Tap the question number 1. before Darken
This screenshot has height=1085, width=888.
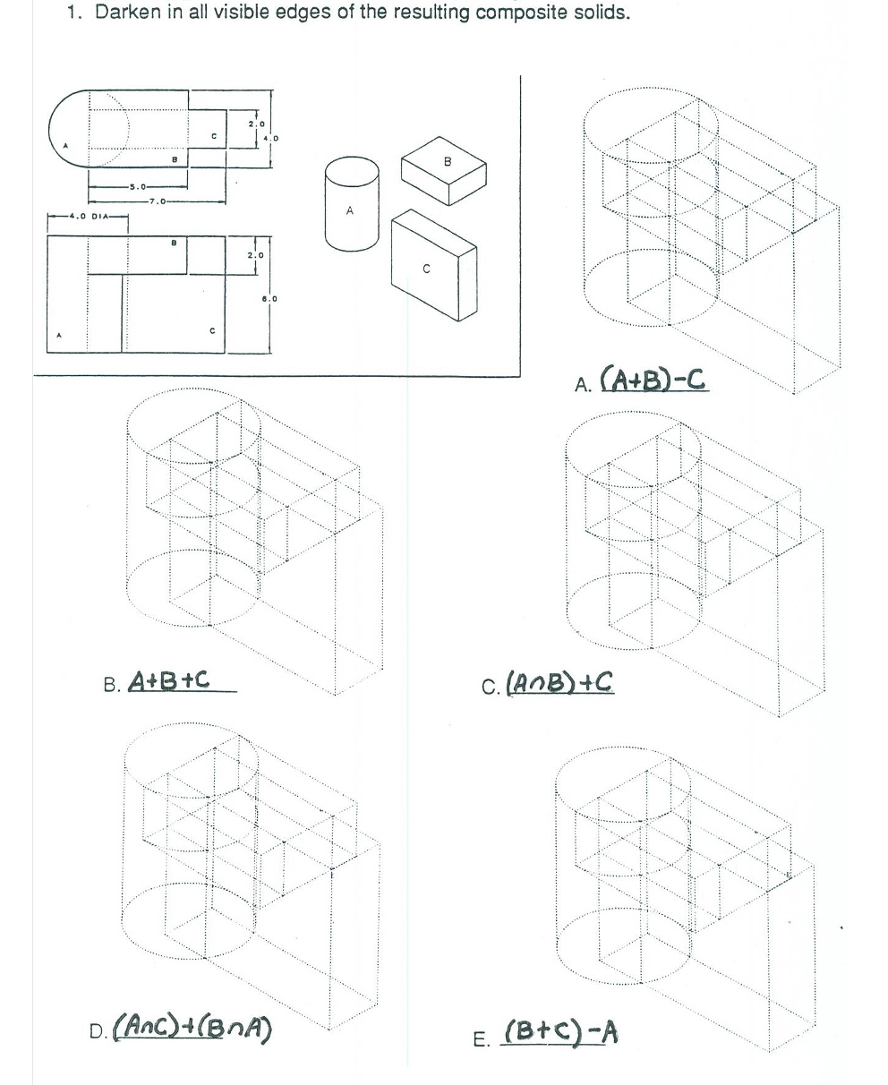tap(78, 15)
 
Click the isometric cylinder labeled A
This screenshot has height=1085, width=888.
tap(350, 205)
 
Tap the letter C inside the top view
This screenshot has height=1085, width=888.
tap(212, 135)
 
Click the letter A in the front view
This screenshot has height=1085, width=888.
tap(60, 337)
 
